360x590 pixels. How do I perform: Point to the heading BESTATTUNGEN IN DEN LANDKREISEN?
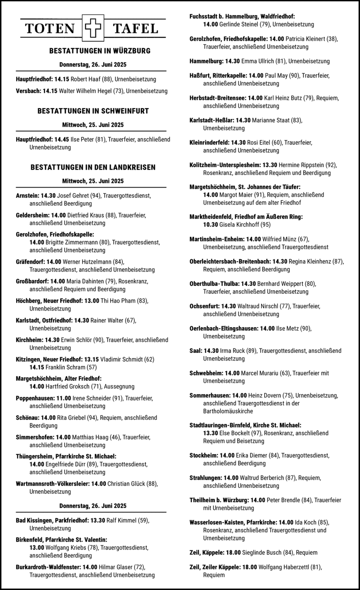(93, 167)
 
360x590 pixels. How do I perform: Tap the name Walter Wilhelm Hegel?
(85, 91)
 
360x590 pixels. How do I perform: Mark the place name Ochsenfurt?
(205, 306)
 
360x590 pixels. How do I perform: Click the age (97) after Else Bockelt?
(255, 433)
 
